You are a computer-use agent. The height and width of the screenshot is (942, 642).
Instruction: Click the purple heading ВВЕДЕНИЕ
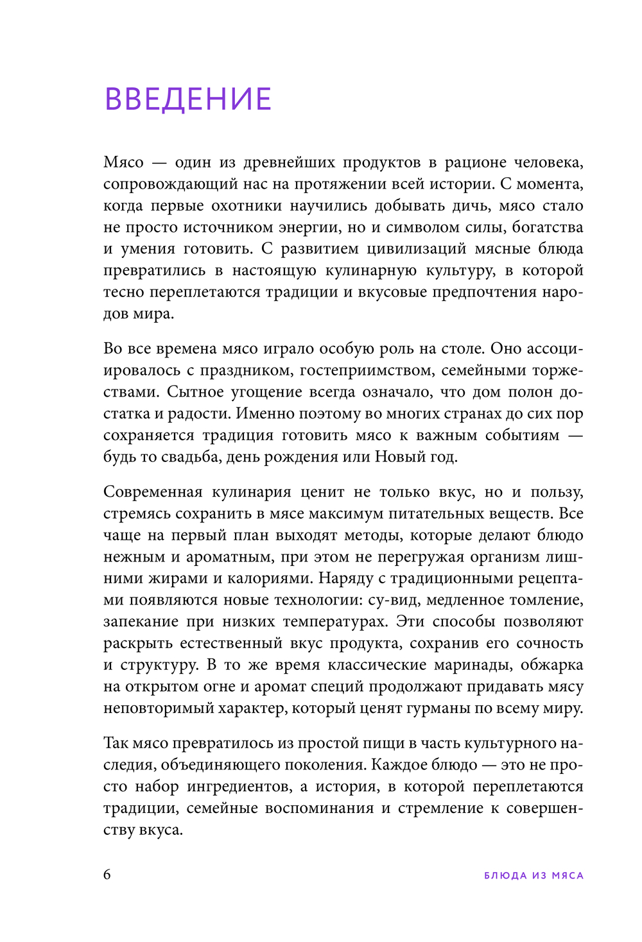pos(188,99)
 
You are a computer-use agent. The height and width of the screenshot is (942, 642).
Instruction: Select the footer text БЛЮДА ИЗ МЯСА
pos(534,875)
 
